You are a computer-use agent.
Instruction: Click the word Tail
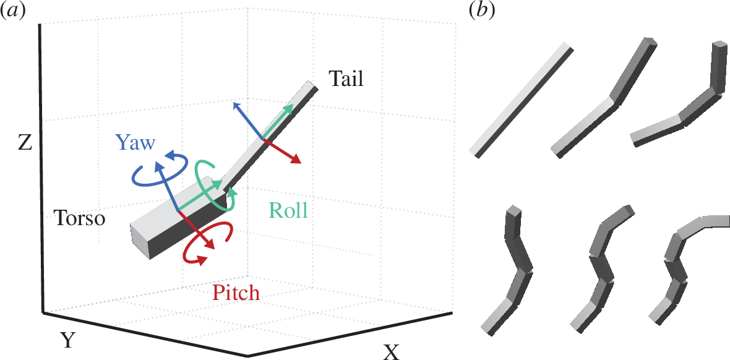346,79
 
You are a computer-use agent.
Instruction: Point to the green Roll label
288,211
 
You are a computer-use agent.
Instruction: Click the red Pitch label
235,293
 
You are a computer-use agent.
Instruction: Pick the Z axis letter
25,144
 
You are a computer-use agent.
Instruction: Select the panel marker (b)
481,11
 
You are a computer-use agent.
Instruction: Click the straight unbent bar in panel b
521,101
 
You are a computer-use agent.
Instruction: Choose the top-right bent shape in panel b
681,102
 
